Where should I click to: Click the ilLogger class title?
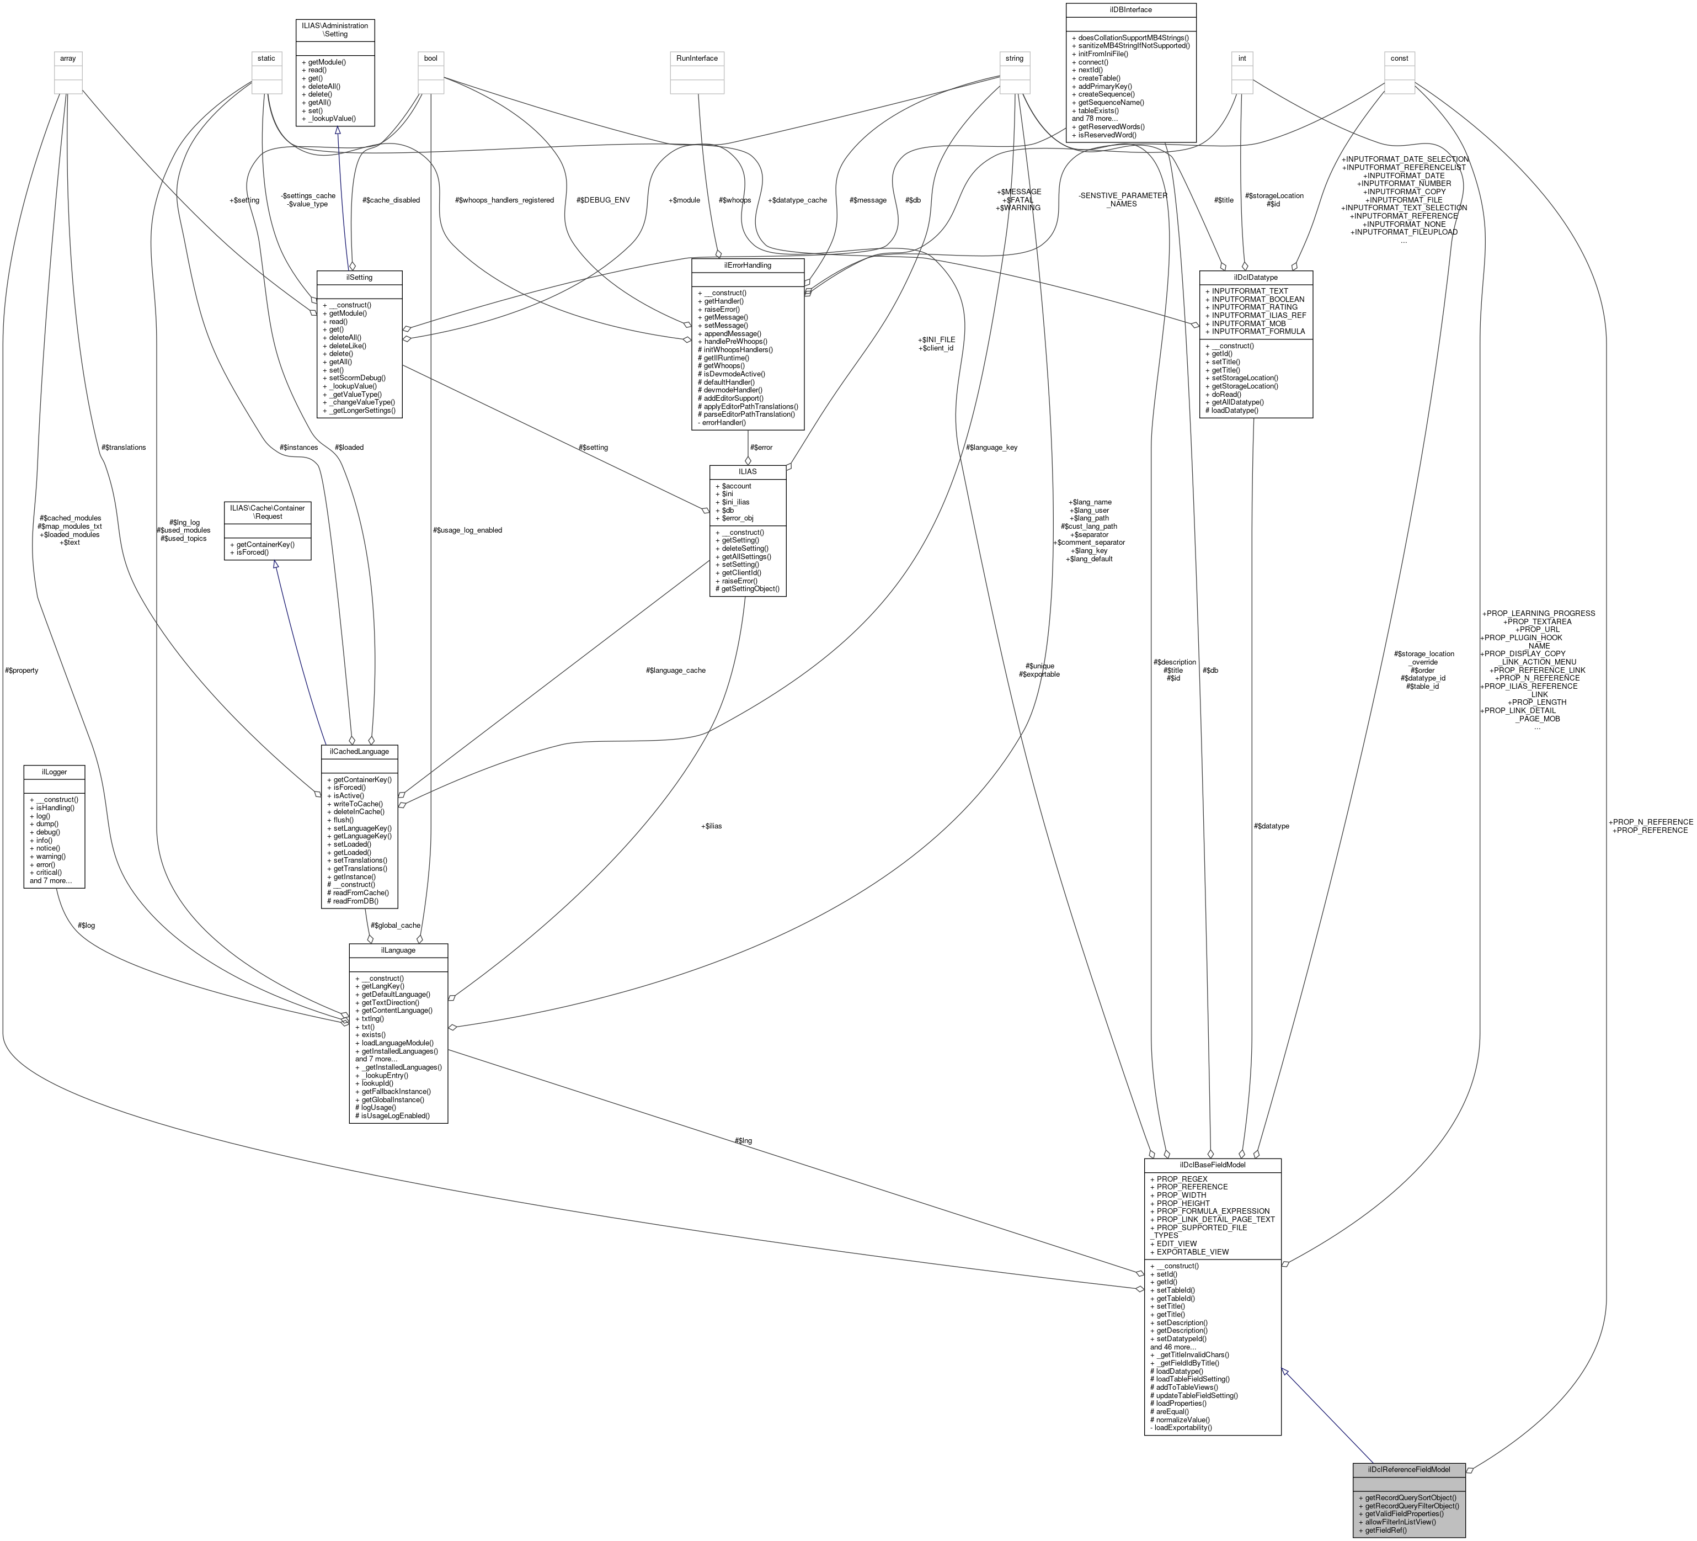tap(54, 772)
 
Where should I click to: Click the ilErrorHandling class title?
tap(746, 265)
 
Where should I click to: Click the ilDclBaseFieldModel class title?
tap(1212, 1165)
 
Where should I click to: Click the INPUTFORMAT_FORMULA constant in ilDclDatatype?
tap(1255, 331)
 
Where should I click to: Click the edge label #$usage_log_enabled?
tap(467, 530)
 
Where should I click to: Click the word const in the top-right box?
tap(1400, 58)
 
